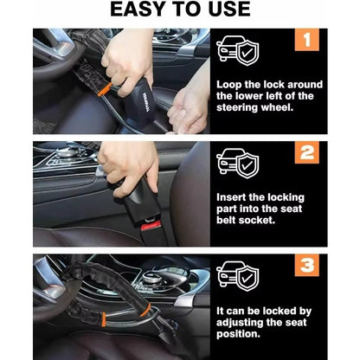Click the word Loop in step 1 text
[231, 85]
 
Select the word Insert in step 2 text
[234, 196]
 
